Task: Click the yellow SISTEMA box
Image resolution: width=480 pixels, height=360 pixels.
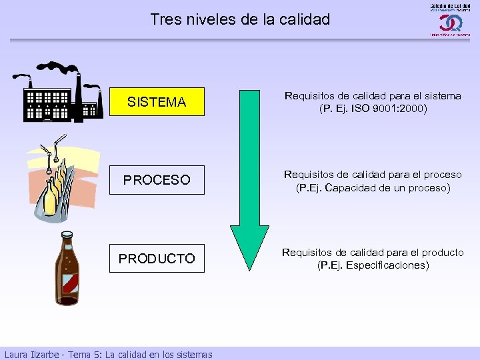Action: coord(157,102)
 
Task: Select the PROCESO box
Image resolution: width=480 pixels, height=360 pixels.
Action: coord(157,180)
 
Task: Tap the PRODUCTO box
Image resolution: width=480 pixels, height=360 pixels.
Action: coord(157,258)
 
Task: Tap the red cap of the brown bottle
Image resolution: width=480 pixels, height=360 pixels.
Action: coord(65,235)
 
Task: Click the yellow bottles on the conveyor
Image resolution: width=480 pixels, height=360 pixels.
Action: coord(53,193)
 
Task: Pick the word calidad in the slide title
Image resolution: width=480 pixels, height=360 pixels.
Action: coord(305,19)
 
